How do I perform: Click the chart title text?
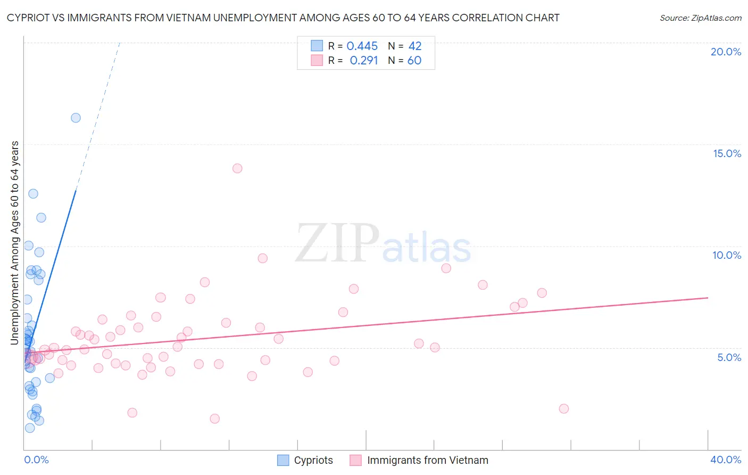[x=283, y=18]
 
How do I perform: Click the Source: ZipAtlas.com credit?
[x=700, y=18]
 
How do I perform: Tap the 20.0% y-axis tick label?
[x=726, y=52]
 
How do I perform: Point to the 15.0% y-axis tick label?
[x=727, y=153]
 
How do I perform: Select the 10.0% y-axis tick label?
[x=727, y=255]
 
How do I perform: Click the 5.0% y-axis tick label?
[x=729, y=357]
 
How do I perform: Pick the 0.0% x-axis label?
[x=36, y=460]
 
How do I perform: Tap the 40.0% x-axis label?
[x=725, y=460]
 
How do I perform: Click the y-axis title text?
[x=15, y=242]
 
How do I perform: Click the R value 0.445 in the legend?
[x=362, y=46]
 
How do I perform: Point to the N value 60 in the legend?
[x=414, y=61]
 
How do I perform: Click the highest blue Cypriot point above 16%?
[x=76, y=118]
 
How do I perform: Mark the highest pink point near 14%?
[x=237, y=168]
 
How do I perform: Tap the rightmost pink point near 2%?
[x=564, y=408]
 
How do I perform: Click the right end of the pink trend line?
[x=708, y=298]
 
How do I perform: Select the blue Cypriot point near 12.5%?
[x=33, y=194]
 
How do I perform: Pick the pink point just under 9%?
[x=446, y=268]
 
